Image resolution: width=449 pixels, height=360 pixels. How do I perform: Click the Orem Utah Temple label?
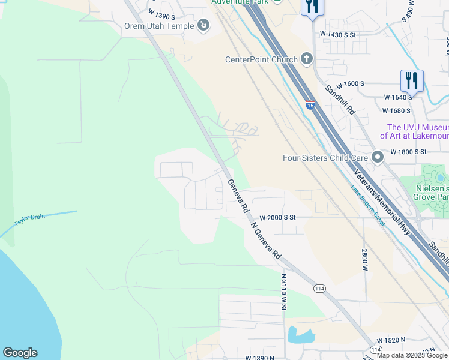[159, 26]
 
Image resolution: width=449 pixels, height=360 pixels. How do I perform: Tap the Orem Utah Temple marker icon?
[203, 25]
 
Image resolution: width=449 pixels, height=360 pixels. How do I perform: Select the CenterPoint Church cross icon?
[307, 59]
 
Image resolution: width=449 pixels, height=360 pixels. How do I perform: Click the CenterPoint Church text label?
[261, 59]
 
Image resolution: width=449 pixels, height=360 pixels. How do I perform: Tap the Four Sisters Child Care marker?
[378, 158]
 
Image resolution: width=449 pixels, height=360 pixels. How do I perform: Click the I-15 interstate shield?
[310, 106]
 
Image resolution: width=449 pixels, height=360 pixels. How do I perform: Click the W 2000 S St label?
[278, 218]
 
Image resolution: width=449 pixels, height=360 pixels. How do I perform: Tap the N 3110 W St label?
[283, 292]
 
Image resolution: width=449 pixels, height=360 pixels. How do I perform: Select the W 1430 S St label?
[338, 35]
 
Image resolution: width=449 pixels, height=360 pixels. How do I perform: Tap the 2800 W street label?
[364, 259]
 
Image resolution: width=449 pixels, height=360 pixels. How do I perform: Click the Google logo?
[20, 353]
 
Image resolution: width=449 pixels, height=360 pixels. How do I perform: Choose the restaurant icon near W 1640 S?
[412, 80]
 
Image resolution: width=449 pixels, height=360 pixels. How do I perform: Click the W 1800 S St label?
[412, 152]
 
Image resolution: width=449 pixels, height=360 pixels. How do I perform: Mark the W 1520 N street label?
[387, 340]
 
